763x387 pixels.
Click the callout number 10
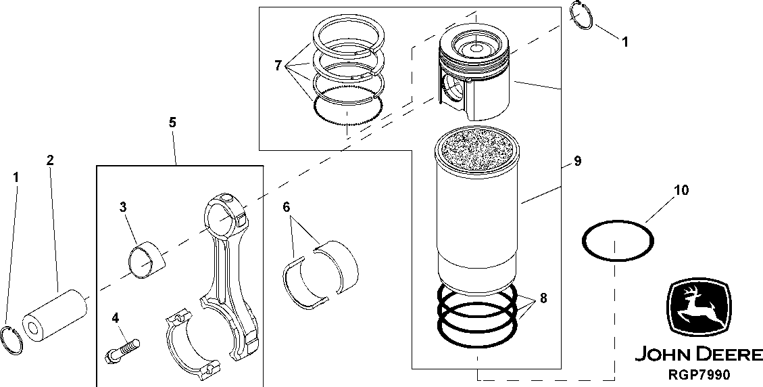pos(681,191)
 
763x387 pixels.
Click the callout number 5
pos(172,122)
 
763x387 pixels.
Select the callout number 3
pos(123,207)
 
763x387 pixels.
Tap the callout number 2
pos(50,160)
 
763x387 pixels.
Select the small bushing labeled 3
pos(145,258)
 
